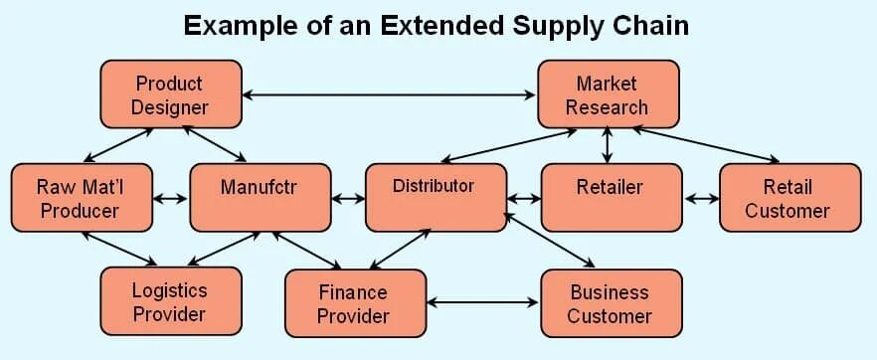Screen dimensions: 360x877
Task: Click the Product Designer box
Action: pos(170,94)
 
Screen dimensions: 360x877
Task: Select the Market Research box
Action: pos(608,94)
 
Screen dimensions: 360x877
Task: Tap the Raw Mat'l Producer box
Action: pos(81,198)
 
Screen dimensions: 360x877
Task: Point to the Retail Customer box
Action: pos(789,198)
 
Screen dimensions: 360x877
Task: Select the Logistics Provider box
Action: pos(170,301)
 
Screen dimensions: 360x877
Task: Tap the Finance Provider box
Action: pos(354,303)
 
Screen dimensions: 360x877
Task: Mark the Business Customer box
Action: pos(611,303)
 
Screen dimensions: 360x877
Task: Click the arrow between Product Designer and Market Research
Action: pos(389,95)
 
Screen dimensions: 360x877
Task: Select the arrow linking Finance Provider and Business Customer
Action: pos(482,302)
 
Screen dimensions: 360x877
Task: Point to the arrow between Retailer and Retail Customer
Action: pos(701,198)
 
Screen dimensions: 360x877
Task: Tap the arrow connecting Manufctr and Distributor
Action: pos(348,198)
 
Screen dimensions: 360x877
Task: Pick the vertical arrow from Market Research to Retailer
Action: pos(608,145)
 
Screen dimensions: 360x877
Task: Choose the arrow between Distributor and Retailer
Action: pos(523,198)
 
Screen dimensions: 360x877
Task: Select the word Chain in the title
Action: pos(649,25)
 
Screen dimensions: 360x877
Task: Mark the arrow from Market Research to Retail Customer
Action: pos(706,143)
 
